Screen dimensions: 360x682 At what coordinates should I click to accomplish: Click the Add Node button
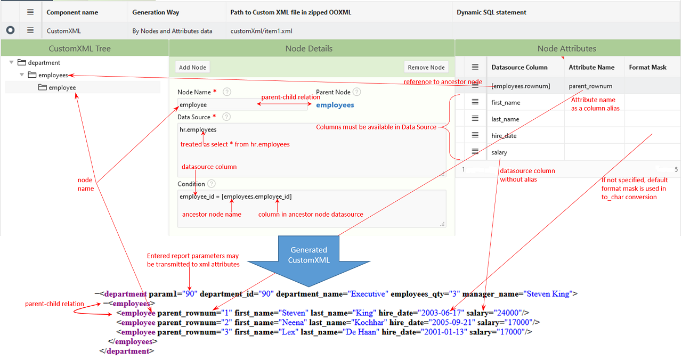[x=192, y=68]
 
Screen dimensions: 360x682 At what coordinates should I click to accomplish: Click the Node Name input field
[x=242, y=105]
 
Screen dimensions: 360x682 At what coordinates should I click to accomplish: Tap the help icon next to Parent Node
[x=356, y=92]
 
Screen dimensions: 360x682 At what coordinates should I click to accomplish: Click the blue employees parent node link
[x=335, y=105]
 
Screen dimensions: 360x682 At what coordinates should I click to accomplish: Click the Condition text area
[x=312, y=208]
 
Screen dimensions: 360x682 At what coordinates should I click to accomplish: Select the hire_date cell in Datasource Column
[x=504, y=136]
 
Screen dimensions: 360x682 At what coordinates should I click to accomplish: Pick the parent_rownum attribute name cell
[x=590, y=86]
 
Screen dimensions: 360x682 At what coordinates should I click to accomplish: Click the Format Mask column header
[x=647, y=68]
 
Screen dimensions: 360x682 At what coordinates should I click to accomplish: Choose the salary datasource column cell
[x=499, y=152]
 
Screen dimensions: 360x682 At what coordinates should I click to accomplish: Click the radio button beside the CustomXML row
[x=10, y=31]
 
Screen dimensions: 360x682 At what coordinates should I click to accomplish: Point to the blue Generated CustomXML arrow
[x=308, y=256]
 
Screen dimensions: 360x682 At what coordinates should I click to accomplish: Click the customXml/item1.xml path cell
[x=261, y=31]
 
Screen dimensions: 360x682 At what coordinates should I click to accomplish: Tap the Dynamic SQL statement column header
[x=491, y=12]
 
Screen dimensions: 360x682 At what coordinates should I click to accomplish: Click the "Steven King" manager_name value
[x=548, y=293]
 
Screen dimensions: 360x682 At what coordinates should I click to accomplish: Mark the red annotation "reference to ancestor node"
[x=442, y=81]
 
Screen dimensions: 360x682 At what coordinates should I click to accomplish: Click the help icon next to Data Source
[x=226, y=117]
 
